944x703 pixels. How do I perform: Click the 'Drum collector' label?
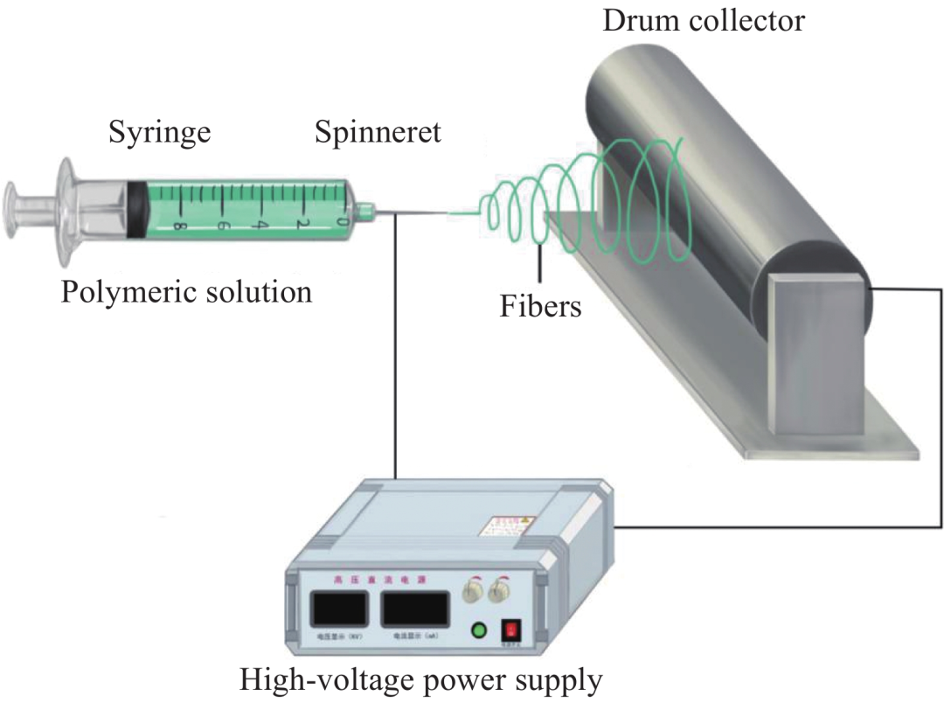coord(703,19)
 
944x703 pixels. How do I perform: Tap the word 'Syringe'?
coord(159,133)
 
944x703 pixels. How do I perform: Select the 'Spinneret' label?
coord(378,133)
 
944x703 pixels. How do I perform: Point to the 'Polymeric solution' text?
coord(186,290)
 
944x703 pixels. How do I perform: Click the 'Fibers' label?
coord(540,306)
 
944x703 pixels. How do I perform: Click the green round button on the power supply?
coord(478,630)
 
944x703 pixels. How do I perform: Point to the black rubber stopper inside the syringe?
coord(136,209)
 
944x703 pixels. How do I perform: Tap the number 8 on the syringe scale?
coord(178,226)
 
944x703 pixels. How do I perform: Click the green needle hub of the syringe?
coord(366,210)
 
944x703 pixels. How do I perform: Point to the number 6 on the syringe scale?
coord(219,225)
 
